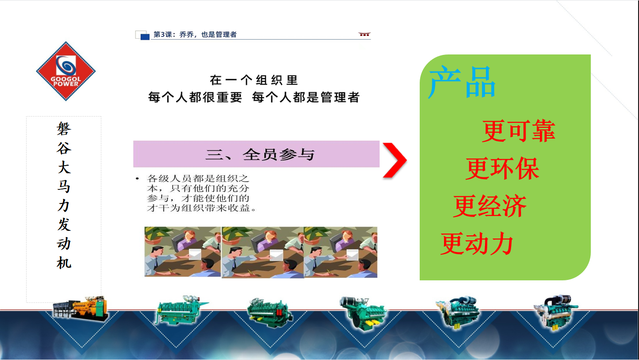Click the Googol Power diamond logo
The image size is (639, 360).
tap(66, 71)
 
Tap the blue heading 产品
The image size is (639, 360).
tap(462, 82)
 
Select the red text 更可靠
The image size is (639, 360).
tap(519, 131)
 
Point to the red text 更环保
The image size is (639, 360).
tap(503, 168)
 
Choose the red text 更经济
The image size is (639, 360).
tap(490, 206)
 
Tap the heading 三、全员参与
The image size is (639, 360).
tap(260, 154)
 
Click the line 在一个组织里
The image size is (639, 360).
tap(254, 80)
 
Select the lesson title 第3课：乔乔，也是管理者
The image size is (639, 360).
tap(195, 35)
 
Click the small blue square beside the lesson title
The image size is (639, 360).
tap(145, 37)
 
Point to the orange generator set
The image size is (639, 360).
tap(81, 308)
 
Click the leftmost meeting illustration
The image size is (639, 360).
tap(182, 252)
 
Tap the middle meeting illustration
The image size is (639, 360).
tap(263, 252)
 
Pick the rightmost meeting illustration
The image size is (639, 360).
tap(340, 252)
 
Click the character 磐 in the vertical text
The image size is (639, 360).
tap(64, 129)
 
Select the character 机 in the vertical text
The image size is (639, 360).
tap(64, 262)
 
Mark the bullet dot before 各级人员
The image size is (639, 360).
tap(137, 179)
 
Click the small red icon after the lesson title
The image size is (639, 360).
tap(364, 34)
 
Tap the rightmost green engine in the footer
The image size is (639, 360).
tap(555, 312)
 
